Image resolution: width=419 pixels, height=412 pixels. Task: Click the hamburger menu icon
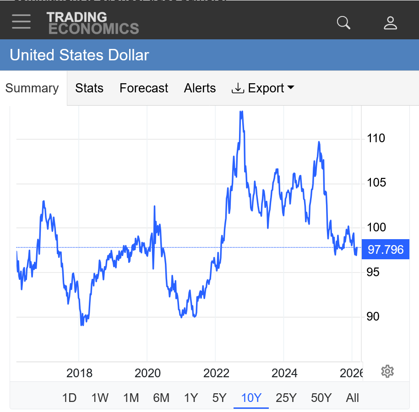[22, 21]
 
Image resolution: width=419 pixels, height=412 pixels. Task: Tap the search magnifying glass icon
[343, 22]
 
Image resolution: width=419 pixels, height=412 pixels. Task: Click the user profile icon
[390, 22]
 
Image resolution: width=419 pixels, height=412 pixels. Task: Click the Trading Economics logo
[93, 23]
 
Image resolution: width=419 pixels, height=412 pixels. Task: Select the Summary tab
[32, 88]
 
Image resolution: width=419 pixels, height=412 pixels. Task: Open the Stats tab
[89, 88]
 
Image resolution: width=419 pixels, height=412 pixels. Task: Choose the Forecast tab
[144, 88]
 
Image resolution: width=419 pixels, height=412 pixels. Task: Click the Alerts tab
[200, 88]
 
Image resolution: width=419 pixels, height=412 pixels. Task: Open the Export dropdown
[263, 88]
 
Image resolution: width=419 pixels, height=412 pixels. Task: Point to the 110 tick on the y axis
[376, 138]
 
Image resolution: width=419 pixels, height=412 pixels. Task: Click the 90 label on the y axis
[373, 316]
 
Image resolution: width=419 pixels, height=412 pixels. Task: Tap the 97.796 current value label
[385, 250]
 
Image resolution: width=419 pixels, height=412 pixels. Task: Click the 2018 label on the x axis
[79, 373]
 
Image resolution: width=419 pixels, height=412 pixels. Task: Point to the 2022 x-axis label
[216, 373]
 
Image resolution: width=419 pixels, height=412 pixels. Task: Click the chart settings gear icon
[387, 371]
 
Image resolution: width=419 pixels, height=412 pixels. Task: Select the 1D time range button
[69, 398]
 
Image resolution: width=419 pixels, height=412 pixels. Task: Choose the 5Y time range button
[219, 398]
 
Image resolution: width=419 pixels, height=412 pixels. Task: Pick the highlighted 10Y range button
[251, 398]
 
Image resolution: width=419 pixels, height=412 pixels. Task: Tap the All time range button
[352, 398]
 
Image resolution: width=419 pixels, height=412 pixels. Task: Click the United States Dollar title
[80, 55]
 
